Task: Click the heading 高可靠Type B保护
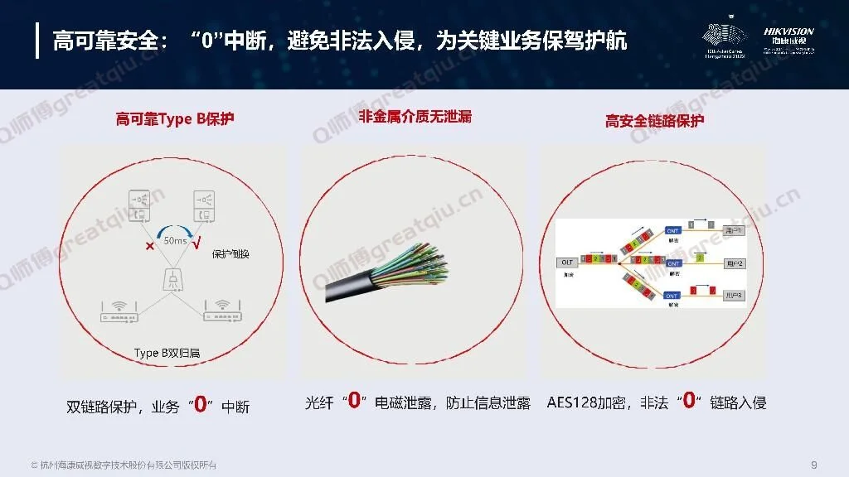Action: pos(175,118)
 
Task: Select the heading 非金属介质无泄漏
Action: pos(415,117)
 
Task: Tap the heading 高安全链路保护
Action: pos(654,121)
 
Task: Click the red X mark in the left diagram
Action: pos(149,247)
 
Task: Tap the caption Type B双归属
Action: pos(167,353)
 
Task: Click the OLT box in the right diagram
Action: pos(566,263)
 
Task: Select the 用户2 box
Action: pos(734,263)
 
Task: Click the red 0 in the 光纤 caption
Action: pos(354,402)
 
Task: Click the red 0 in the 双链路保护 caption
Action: pos(200,406)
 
